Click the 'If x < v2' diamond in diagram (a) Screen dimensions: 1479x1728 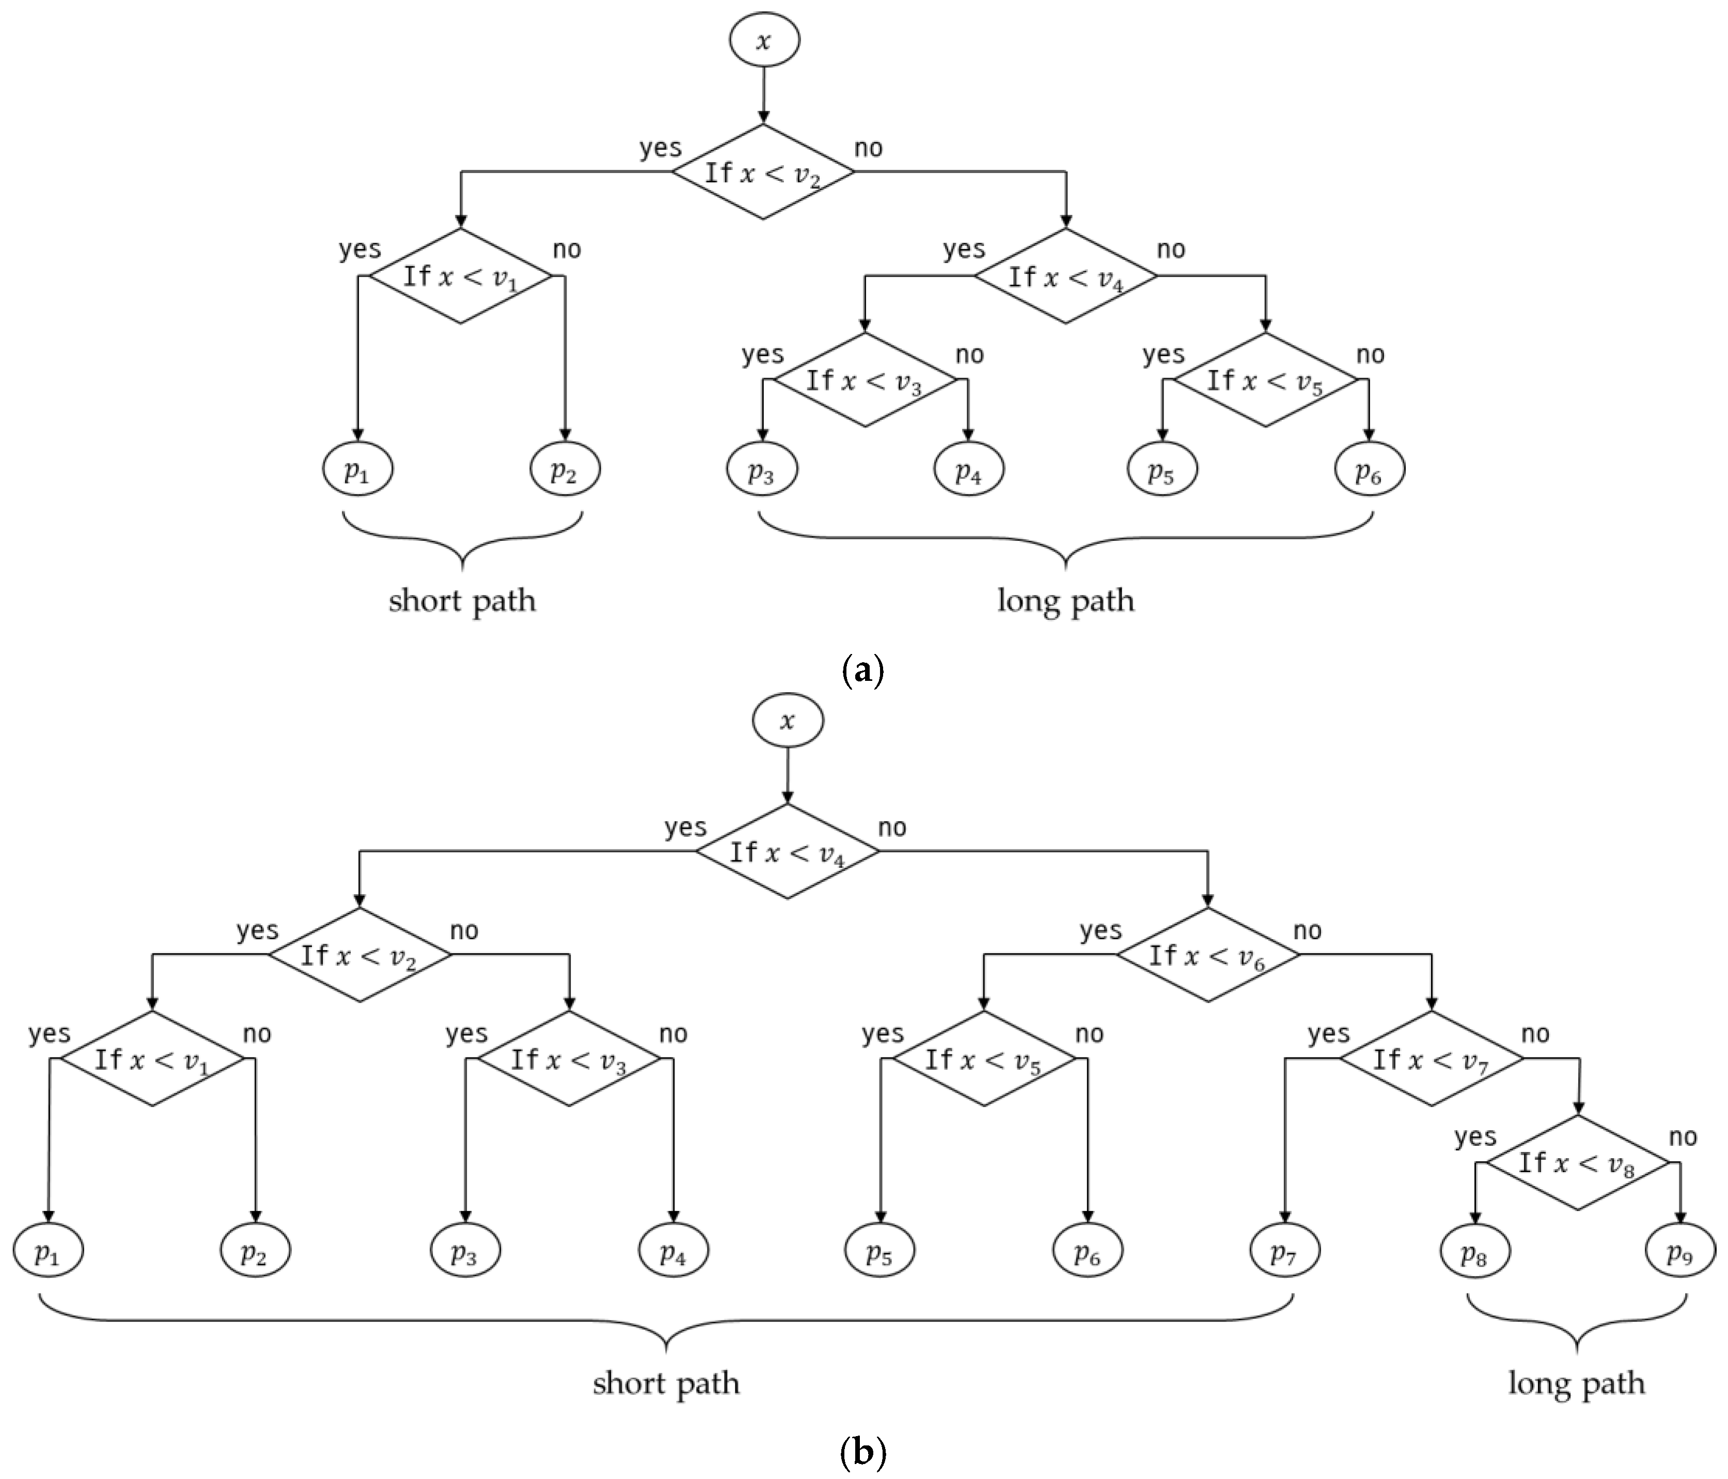coord(763,173)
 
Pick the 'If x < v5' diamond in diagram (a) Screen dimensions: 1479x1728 coord(1265,380)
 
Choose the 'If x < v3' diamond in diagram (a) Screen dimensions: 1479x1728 coord(865,380)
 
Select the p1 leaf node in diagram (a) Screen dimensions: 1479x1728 coord(358,470)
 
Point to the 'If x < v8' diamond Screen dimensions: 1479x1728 coord(1577,1163)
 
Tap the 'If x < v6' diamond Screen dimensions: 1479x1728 coord(1207,955)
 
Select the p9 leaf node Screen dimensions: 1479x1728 coord(1679,1251)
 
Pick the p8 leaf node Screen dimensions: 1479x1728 coord(1474,1251)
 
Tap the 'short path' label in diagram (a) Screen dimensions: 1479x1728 coord(462,601)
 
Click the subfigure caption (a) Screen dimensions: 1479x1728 coord(863,670)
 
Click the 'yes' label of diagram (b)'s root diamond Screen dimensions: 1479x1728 coord(685,828)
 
